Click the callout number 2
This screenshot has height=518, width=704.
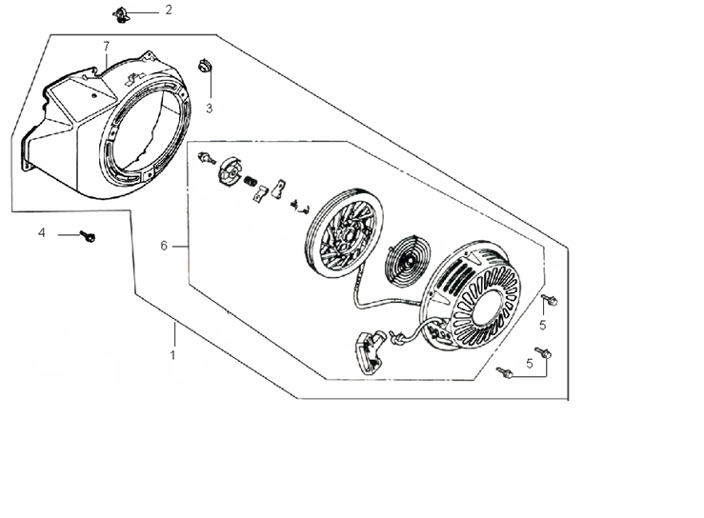[169, 10]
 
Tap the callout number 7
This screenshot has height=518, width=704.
[107, 46]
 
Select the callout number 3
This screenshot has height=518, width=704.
[210, 109]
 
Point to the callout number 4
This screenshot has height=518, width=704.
[42, 232]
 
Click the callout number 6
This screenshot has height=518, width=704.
[164, 246]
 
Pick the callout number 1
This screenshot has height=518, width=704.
[172, 355]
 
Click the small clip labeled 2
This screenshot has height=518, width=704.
[120, 15]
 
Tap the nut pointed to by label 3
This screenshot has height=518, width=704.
[205, 66]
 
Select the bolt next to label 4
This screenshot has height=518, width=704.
[88, 235]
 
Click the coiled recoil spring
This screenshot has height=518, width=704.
[408, 260]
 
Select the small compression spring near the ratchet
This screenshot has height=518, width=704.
[251, 182]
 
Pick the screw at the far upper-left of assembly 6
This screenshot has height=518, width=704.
[207, 157]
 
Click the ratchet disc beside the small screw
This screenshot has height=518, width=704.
[231, 169]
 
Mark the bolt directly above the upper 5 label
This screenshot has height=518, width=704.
[549, 300]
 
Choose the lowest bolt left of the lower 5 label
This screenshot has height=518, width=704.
[504, 372]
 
